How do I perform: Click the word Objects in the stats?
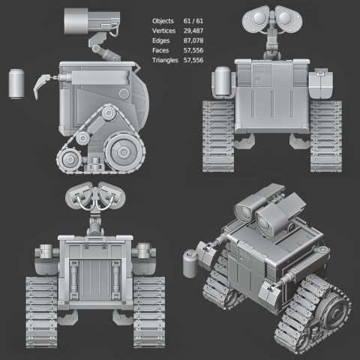(163, 21)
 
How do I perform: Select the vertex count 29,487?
(193, 31)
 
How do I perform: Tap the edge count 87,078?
(193, 40)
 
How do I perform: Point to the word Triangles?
(165, 60)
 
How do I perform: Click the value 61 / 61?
(193, 21)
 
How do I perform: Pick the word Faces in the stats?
(160, 50)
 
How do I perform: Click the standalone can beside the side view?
(16, 84)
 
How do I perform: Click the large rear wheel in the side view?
(124, 151)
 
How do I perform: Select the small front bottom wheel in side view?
(70, 160)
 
